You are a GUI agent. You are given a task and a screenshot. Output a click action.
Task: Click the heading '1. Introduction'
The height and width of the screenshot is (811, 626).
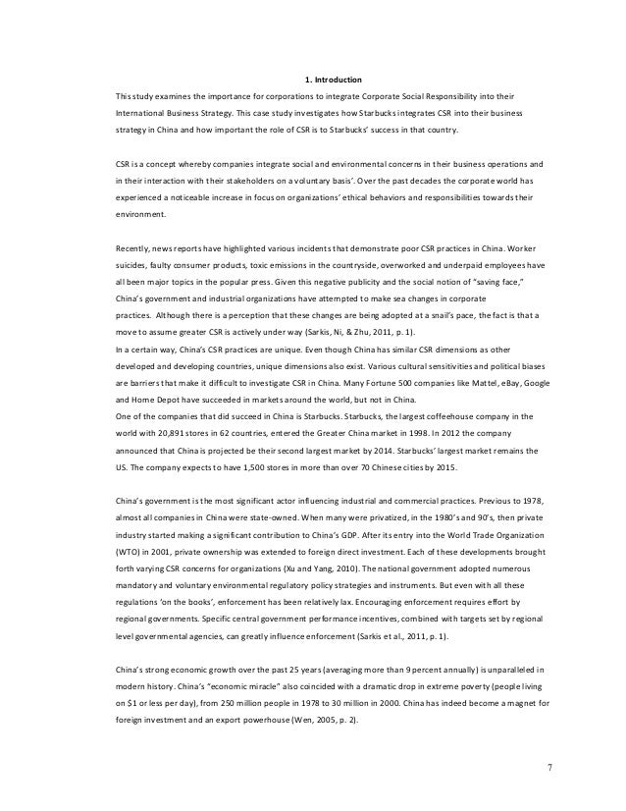point(334,79)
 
